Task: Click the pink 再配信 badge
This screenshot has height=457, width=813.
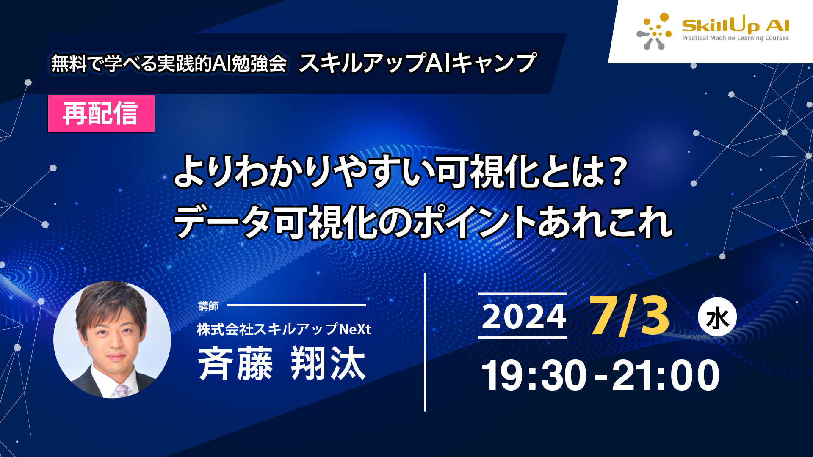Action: coord(101,114)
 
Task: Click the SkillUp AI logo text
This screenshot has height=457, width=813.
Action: coord(736,26)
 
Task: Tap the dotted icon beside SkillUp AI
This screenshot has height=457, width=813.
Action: coord(654,31)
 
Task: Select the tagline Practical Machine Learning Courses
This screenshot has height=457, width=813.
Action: coord(736,38)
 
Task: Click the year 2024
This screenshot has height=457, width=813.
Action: coord(524,316)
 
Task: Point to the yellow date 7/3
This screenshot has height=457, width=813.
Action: coord(629,315)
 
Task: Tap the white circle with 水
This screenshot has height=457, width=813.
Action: coord(717,317)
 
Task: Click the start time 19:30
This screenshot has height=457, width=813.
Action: coord(534,375)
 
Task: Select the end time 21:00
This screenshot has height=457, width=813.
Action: coord(665,375)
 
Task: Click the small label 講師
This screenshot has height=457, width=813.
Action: coord(208,306)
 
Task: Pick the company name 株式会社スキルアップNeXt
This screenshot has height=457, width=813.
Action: coord(284,329)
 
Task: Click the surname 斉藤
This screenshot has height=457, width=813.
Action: coord(235,363)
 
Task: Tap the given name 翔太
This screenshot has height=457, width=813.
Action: coord(328,363)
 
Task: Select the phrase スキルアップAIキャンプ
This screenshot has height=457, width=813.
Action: coord(418,63)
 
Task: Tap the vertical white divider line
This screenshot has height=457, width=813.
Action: coord(425,342)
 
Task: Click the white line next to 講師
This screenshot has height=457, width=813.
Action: coord(296,305)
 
